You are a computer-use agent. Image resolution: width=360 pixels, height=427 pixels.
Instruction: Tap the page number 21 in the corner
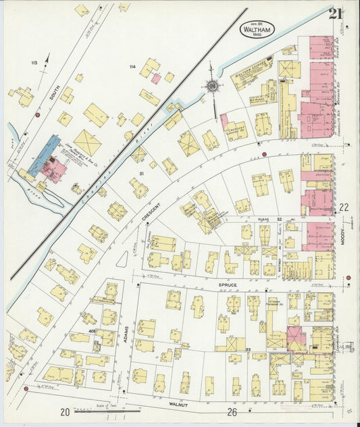tap(336, 13)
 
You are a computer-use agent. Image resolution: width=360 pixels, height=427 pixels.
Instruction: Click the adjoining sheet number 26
tap(232, 411)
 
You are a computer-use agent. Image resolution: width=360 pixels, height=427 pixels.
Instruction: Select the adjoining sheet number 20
tap(65, 411)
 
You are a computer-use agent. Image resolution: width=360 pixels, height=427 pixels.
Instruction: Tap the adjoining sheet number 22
tap(344, 207)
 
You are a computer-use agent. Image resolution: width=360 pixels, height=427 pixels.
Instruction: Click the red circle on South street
tap(38, 115)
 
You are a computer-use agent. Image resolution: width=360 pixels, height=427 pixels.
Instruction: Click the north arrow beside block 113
tap(47, 61)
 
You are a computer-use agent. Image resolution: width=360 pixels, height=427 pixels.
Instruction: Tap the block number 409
tap(91, 331)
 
